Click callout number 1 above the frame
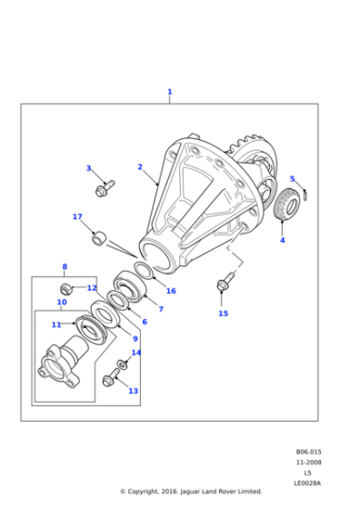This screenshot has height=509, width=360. pyautogui.click(x=169, y=92)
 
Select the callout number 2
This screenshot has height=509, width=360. pyautogui.click(x=140, y=167)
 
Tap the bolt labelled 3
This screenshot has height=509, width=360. pyautogui.click(x=105, y=188)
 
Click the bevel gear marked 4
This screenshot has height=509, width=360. pyautogui.click(x=287, y=205)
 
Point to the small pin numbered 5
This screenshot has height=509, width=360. pyautogui.click(x=305, y=195)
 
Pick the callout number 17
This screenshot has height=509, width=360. pyautogui.click(x=77, y=216)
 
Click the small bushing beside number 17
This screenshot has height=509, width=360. pyautogui.click(x=99, y=238)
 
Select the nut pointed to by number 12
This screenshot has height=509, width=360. pyautogui.click(x=65, y=288)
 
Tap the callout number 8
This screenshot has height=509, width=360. pyautogui.click(x=65, y=266)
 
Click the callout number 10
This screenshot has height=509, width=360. pyautogui.click(x=62, y=302)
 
